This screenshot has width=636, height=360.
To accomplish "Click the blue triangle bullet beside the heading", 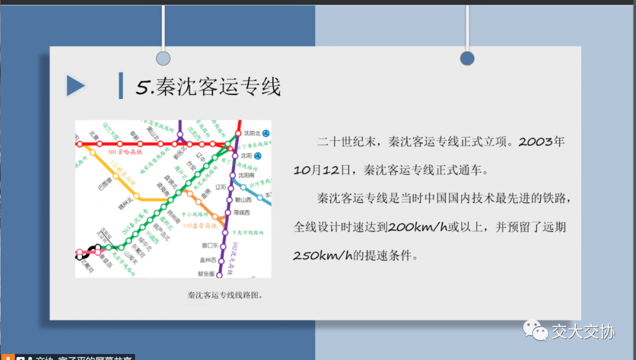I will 75,86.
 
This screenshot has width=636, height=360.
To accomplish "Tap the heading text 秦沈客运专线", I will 219,86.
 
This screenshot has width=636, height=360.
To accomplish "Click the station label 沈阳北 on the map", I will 251,133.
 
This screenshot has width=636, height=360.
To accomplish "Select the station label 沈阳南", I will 246,176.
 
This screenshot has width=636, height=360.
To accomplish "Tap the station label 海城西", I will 241,213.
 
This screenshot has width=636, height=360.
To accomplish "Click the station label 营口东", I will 210,245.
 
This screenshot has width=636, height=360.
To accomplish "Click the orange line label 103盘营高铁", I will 198,226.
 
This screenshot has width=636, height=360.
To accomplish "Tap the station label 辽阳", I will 221,187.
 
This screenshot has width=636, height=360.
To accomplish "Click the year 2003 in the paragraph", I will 536,142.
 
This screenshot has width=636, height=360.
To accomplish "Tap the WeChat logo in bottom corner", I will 535,330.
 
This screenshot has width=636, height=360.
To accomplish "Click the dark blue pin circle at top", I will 467,58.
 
